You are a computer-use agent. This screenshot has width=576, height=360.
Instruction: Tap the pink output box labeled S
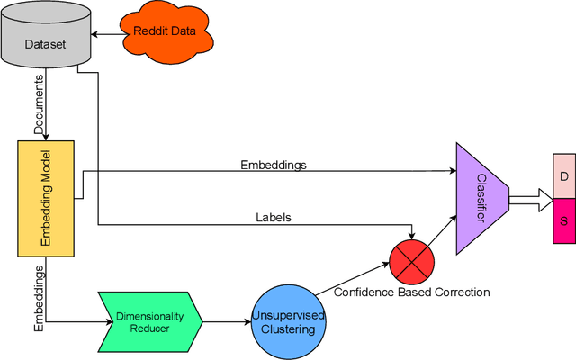563,221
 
